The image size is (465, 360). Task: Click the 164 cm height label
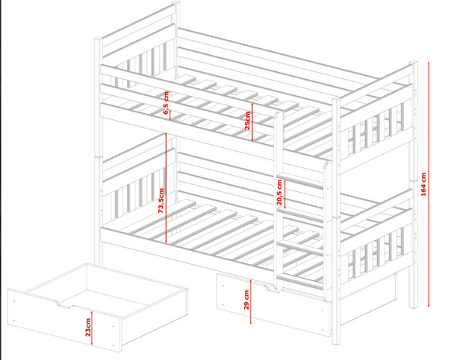423,184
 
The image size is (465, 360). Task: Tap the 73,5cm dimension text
160,201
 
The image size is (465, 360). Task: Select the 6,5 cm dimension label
166,102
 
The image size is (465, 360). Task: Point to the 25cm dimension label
247,121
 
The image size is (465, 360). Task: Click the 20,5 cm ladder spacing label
279,192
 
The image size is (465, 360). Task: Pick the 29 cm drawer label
246,300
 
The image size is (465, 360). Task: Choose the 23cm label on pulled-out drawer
88,327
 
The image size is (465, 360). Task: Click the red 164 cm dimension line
429,184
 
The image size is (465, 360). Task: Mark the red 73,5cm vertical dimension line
166,188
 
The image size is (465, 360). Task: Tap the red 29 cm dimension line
251,302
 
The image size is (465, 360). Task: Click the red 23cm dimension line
92,327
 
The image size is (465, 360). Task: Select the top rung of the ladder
300,180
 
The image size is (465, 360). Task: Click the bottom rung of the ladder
300,281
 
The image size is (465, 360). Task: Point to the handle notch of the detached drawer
64,303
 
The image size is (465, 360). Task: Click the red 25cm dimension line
252,122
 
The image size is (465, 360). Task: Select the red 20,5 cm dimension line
284,194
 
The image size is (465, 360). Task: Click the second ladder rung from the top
300,215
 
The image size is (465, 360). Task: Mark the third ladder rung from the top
300,248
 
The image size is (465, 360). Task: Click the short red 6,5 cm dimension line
170,115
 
